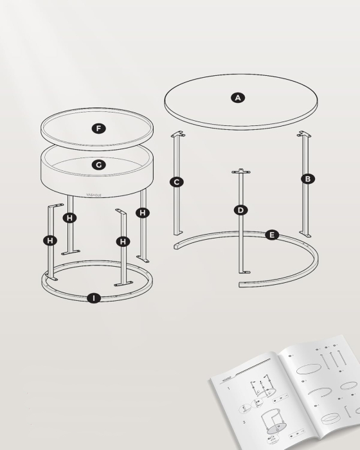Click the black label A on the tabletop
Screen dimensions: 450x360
pos(238,98)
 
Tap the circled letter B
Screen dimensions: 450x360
pos(308,179)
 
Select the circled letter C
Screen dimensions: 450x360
pos(177,182)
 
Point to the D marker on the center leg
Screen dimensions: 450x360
pos(240,210)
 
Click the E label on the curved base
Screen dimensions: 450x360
pos(272,235)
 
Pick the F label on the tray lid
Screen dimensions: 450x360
pos(98,129)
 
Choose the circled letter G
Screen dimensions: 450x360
pos(98,165)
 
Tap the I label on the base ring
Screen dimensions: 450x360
pos(94,298)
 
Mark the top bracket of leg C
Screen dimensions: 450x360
pos(177,134)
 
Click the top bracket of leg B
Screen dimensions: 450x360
pos(303,134)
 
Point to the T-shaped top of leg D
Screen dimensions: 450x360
pos(241,171)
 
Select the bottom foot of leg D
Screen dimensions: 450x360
pos(243,271)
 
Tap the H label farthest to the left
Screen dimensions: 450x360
pos(50,240)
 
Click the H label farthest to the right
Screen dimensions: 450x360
pos(143,212)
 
